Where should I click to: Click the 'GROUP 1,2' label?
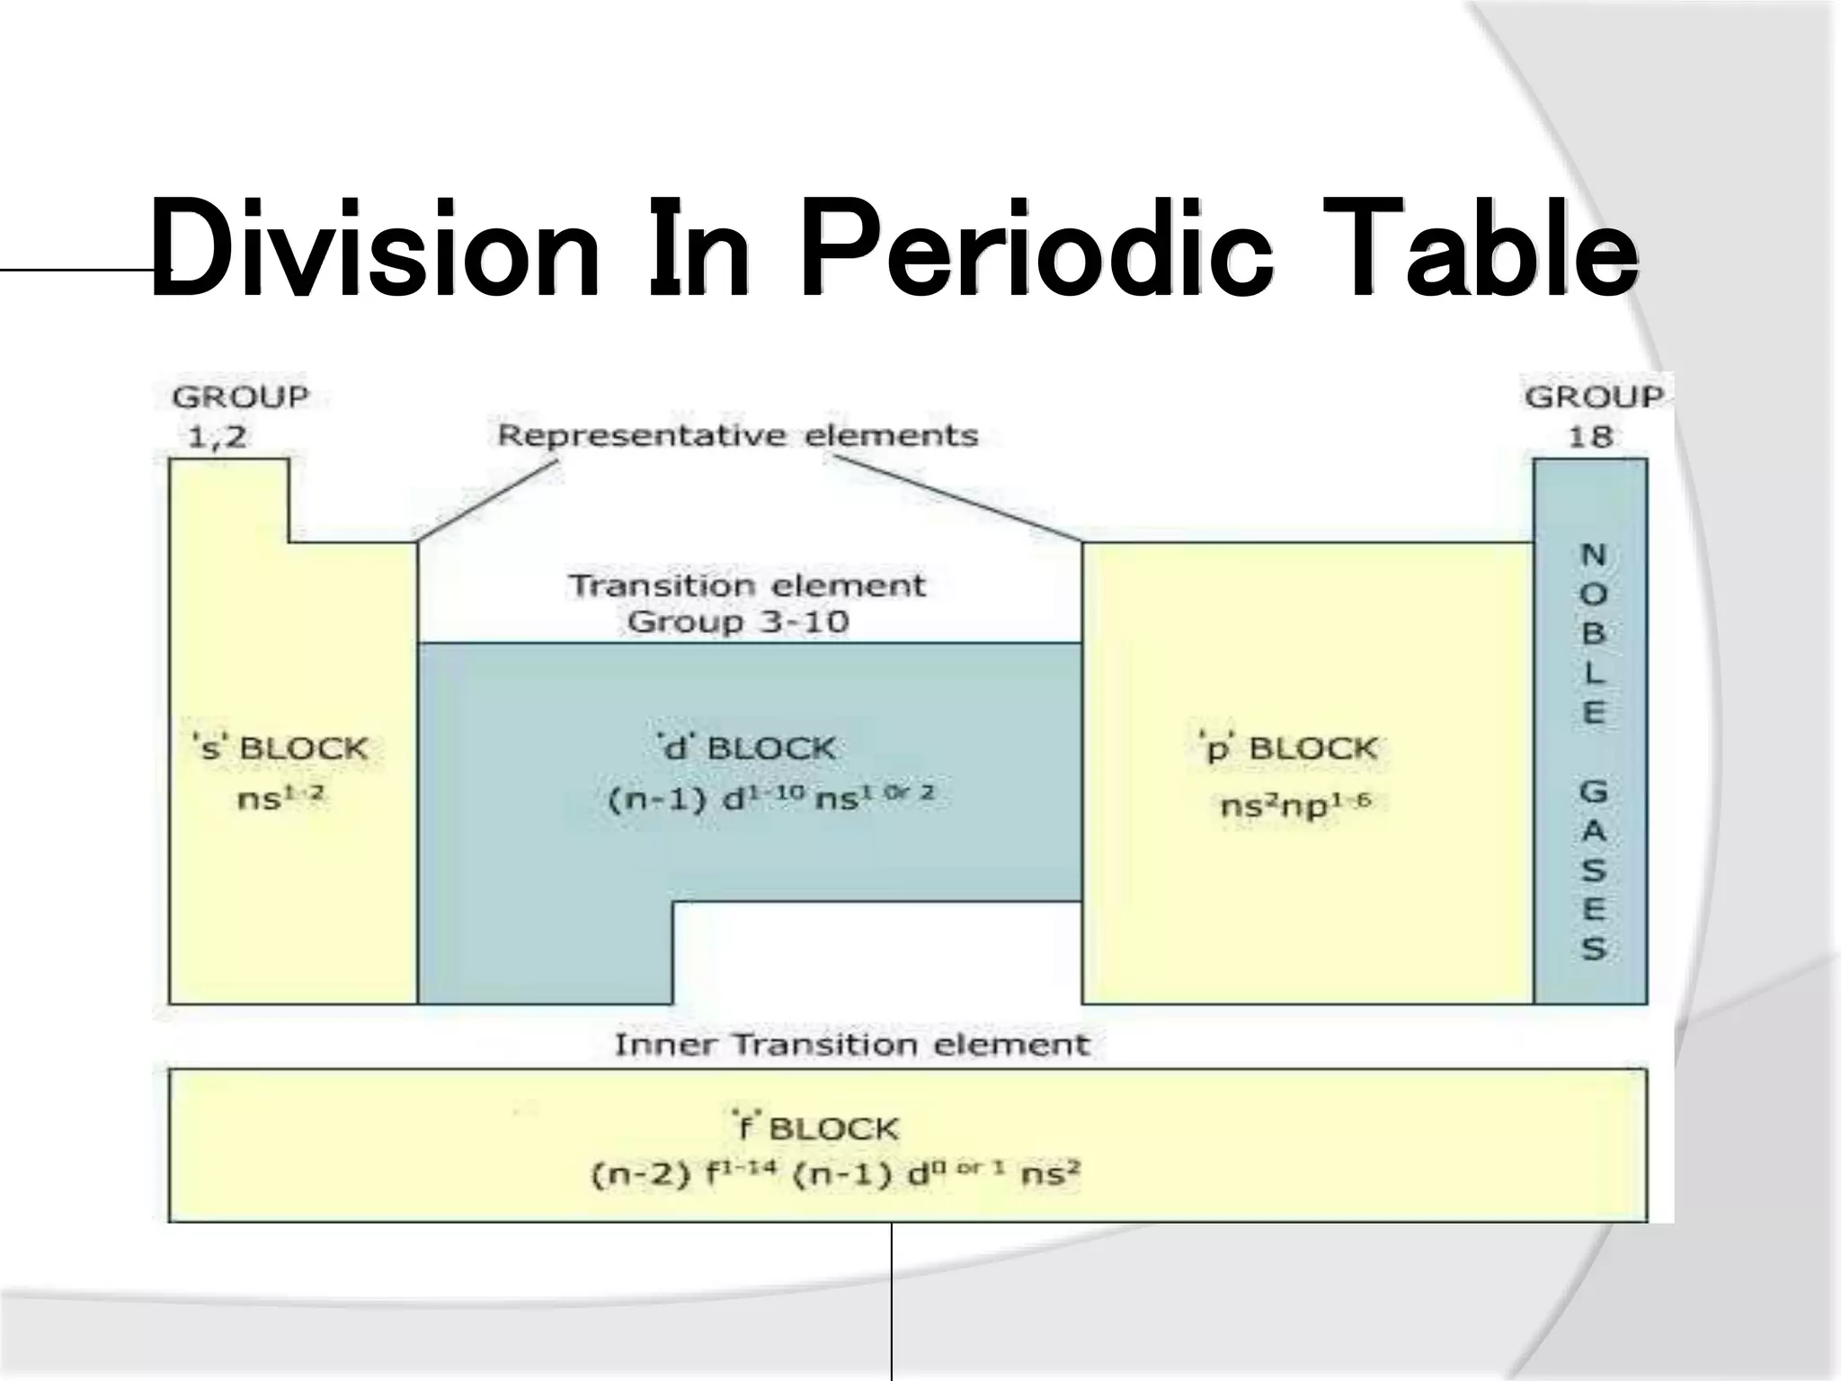239,416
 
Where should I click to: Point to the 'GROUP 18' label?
1592,416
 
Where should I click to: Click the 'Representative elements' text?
737,436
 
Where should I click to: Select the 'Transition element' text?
747,585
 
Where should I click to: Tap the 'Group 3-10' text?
737,622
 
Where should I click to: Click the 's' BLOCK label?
280,748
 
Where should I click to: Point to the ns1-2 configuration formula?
280,797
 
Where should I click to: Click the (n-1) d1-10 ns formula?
771,797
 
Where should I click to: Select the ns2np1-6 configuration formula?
1294,805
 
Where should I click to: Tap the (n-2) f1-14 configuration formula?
836,1175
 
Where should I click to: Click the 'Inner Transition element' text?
851,1045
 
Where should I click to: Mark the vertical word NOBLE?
1593,633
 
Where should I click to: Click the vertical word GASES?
1593,870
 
